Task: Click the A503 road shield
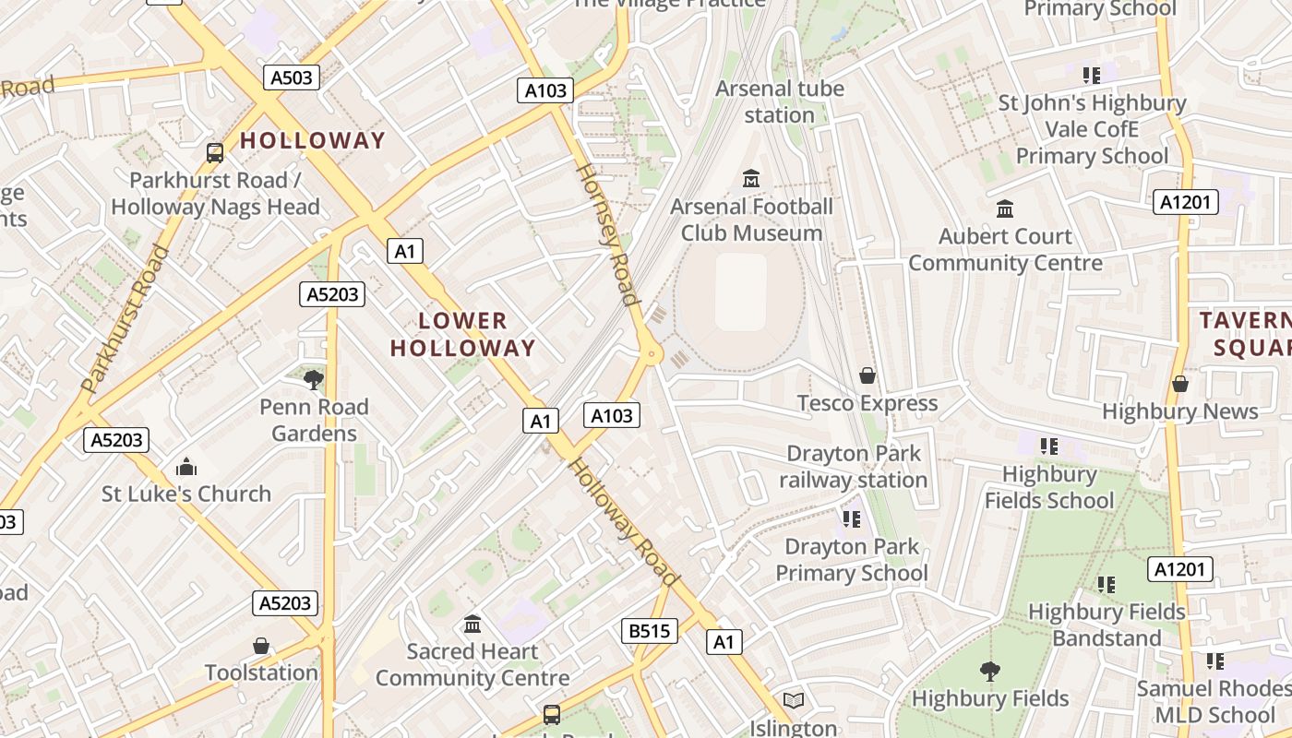click(x=292, y=77)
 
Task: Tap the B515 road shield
click(x=649, y=631)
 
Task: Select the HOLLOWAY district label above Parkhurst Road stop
click(x=313, y=140)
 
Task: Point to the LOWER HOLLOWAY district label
click(x=462, y=334)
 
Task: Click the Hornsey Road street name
click(x=607, y=234)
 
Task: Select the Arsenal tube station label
click(x=780, y=101)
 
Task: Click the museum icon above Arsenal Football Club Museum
click(x=751, y=177)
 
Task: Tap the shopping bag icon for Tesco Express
click(x=867, y=375)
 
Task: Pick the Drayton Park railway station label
click(x=853, y=467)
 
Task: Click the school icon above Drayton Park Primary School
click(x=851, y=519)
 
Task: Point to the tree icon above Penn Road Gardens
click(x=314, y=378)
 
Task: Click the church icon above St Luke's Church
click(x=186, y=466)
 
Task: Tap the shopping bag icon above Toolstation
click(x=261, y=645)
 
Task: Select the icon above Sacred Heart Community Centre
click(x=473, y=624)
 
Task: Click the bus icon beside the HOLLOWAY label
click(x=215, y=152)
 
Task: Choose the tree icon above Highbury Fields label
click(x=990, y=671)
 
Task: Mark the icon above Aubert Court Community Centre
click(x=1005, y=208)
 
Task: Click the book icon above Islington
click(x=794, y=700)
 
